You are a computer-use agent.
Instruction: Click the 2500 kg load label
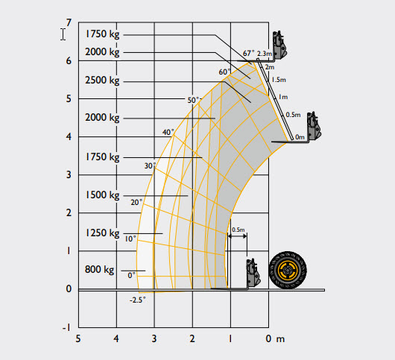point(102,80)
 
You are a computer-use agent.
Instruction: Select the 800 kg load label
point(99,270)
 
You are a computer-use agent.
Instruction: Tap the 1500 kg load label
point(102,195)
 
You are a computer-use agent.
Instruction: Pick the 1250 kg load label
point(102,233)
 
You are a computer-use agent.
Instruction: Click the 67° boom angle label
point(249,53)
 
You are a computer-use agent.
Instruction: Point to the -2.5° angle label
point(138,300)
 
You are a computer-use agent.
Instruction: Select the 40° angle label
point(168,132)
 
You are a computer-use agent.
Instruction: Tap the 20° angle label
point(136,202)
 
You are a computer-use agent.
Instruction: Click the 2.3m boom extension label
point(265,54)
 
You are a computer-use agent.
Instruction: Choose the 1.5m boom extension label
point(279,80)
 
